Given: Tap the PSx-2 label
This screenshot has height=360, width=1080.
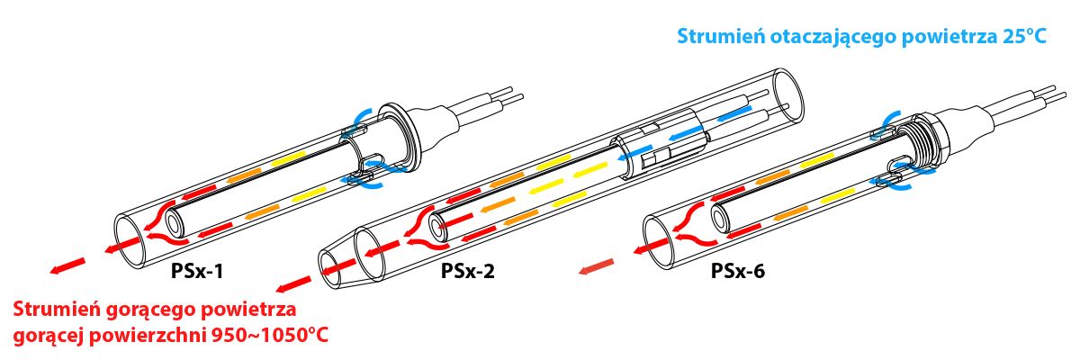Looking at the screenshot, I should (x=468, y=270).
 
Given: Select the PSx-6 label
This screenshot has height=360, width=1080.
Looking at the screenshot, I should (x=739, y=269).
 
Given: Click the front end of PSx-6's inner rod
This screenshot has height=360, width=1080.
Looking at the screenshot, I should (x=720, y=217).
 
